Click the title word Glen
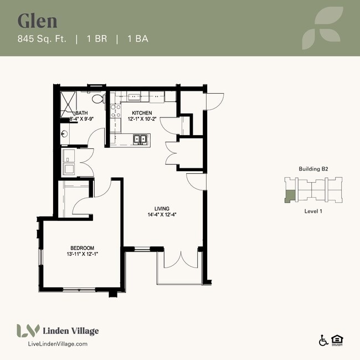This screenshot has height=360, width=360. click(x=38, y=20)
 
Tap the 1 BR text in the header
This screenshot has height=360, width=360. click(x=98, y=39)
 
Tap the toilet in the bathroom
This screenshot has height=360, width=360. click(x=98, y=100)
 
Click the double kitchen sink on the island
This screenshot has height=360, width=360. click(x=139, y=139)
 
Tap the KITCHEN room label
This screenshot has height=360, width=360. click(x=142, y=112)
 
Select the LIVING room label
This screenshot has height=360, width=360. click(x=162, y=209)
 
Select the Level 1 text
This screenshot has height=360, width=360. click(x=313, y=211)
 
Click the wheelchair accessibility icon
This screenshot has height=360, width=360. click(x=323, y=340)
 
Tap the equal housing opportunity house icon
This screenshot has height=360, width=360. click(x=336, y=340)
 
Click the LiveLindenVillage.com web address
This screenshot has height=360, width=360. click(x=57, y=344)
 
